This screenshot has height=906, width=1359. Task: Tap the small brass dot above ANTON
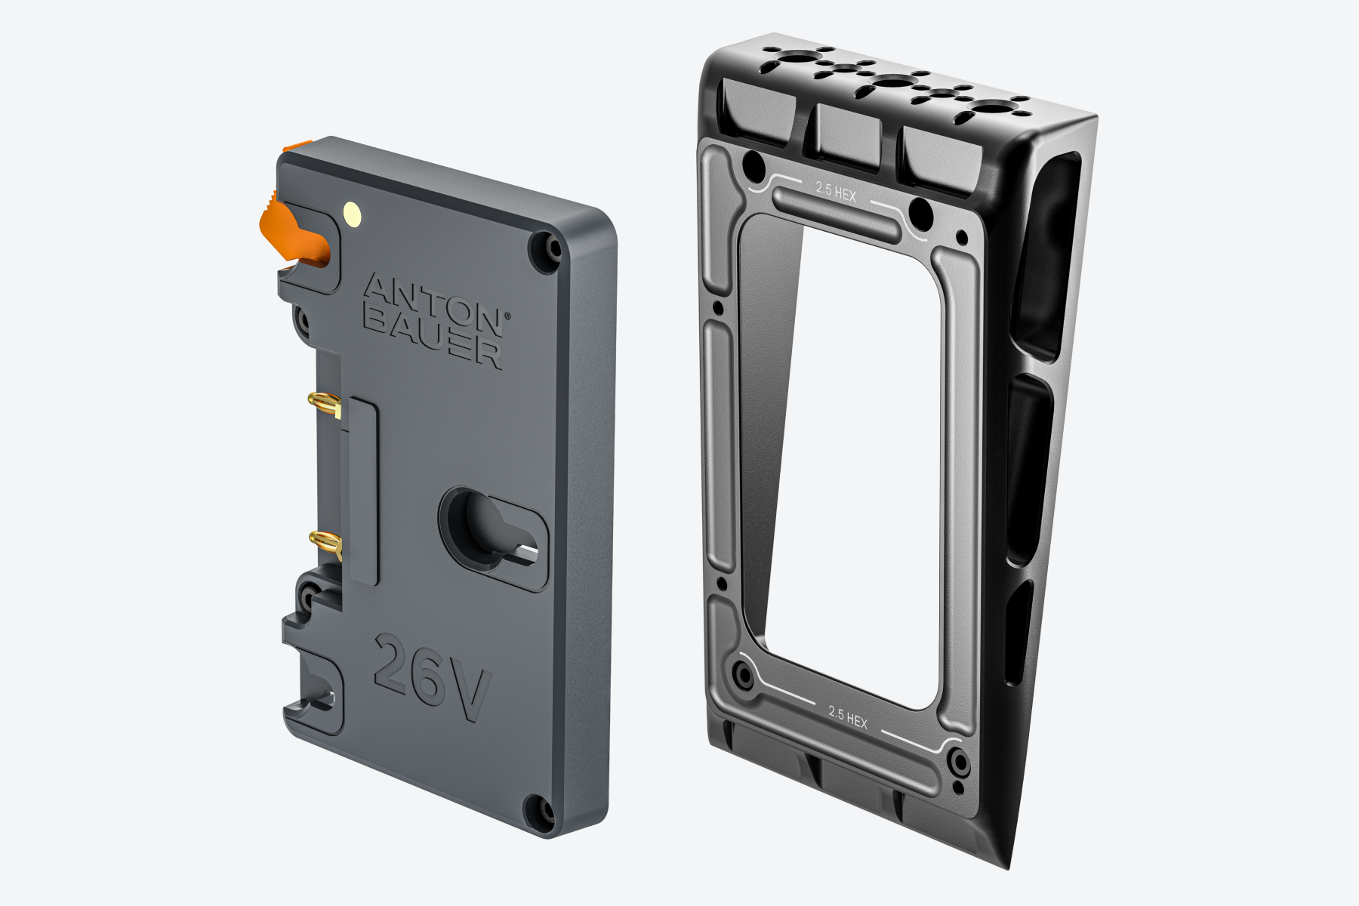pos(352,213)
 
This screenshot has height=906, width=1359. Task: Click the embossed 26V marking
pos(432,677)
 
